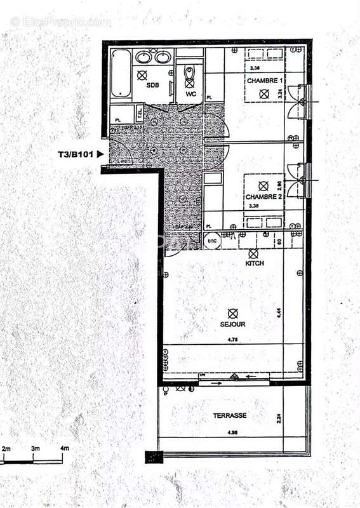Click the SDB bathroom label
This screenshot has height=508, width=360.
pos(152,84)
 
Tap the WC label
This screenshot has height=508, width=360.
pos(190,93)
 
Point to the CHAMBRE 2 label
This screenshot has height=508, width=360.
pos(263,197)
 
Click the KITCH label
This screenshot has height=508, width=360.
pos(255,262)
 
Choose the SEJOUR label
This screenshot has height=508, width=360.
pos(234,324)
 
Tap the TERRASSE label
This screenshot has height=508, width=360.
pos(230,416)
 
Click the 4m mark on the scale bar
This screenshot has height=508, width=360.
pos(64,449)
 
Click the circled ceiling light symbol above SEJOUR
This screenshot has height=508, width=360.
pos(233,312)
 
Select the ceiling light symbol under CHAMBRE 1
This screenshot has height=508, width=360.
pos(263,93)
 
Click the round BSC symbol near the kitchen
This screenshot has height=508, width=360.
pos(211,241)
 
